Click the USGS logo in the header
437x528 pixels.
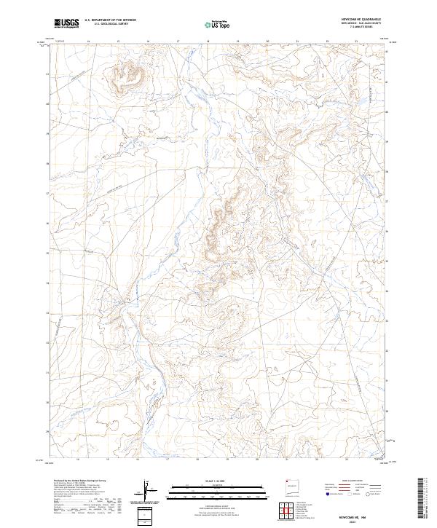pos(67,23)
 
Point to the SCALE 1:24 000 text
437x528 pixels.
pos(211,481)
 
